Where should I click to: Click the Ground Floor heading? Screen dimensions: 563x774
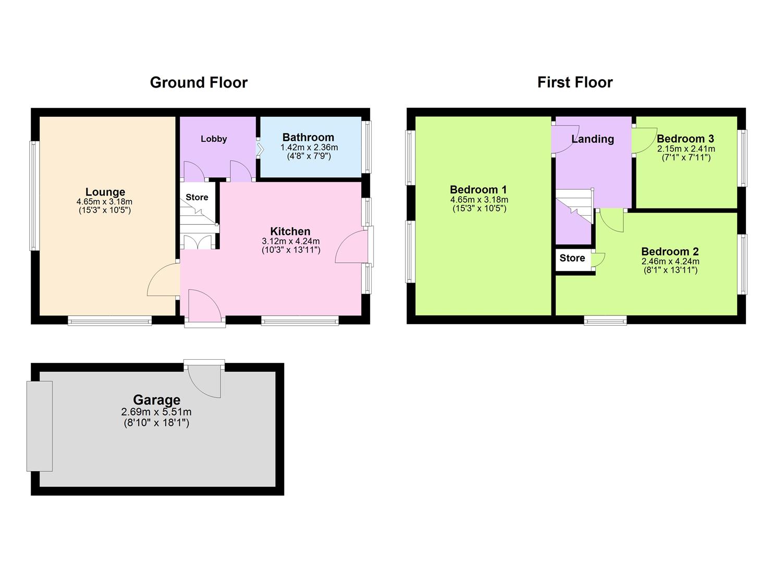199,82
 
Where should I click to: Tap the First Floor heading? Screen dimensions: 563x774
575,82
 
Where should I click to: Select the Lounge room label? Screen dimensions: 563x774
105,192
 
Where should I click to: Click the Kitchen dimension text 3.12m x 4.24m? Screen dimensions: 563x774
291,241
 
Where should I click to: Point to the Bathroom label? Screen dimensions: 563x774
308,138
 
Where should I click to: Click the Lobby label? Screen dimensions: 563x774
214,139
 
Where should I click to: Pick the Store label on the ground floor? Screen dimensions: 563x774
197,197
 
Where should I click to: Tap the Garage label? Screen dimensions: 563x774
156,400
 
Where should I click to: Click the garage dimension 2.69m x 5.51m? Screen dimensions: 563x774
156,412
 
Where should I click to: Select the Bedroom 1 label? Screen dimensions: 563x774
478,190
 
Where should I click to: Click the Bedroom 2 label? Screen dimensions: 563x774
670,252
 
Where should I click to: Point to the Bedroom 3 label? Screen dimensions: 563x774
685,139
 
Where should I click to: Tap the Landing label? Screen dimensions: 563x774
593,139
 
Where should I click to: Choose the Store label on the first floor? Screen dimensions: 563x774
572,258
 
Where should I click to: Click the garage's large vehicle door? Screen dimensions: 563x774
40,426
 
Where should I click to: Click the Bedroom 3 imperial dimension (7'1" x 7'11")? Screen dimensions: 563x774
685,157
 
